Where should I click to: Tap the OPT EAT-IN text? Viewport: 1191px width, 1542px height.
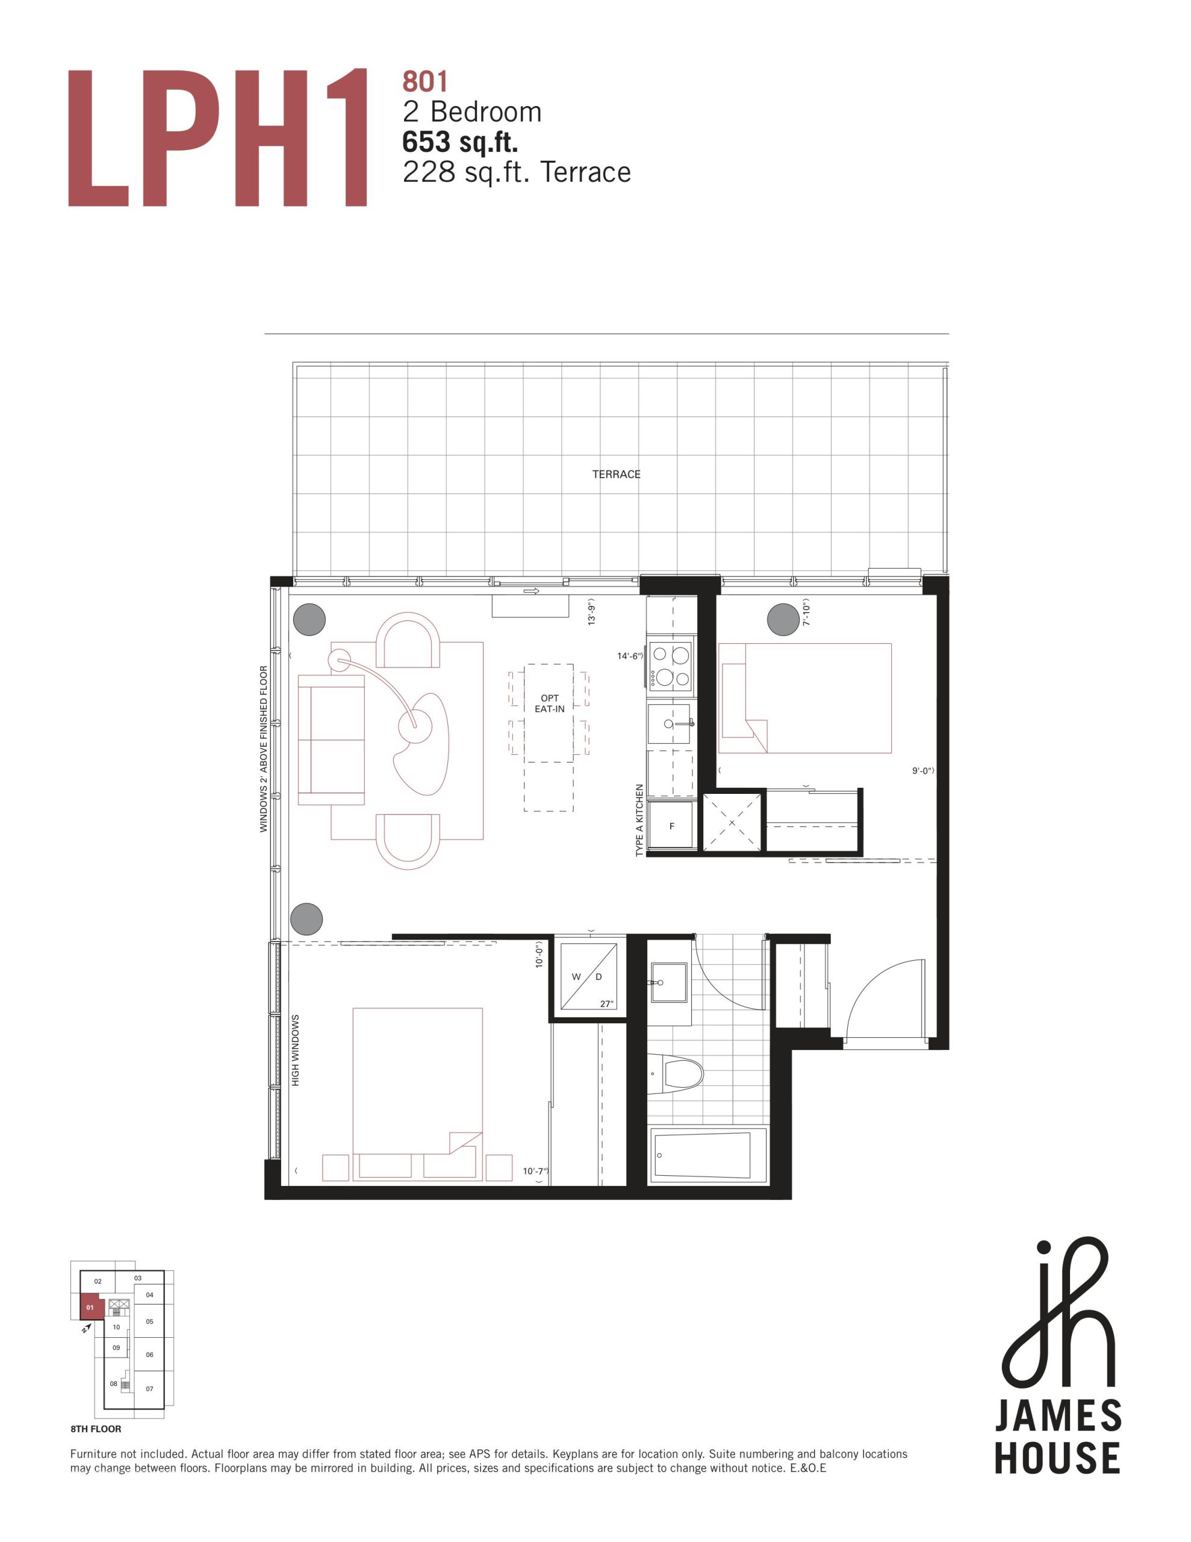(x=549, y=703)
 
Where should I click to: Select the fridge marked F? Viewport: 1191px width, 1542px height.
(x=671, y=825)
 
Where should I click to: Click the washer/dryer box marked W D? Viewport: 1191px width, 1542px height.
(x=588, y=976)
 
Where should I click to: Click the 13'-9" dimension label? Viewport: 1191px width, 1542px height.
(x=592, y=612)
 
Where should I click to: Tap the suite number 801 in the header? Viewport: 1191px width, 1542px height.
(x=425, y=82)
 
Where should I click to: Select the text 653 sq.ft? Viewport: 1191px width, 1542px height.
(x=460, y=142)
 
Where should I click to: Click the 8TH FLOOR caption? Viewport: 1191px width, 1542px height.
(x=96, y=1429)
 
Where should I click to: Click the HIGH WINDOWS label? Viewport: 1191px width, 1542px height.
(x=295, y=1050)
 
